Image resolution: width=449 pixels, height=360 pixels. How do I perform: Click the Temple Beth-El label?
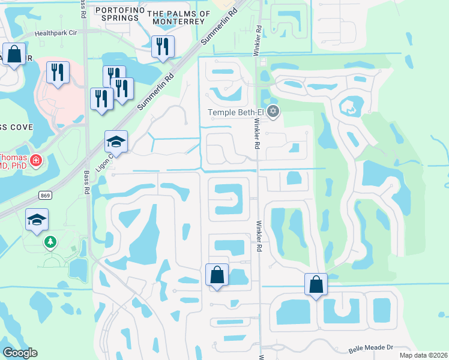pyautogui.click(x=236, y=112)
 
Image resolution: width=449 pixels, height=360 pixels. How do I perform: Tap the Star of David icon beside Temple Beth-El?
pyautogui.click(x=274, y=111)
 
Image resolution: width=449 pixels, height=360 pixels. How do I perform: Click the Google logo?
pyautogui.click(x=20, y=353)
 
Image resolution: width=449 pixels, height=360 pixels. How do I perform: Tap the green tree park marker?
pyautogui.click(x=50, y=242)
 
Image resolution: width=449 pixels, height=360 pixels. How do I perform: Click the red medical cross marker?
pyautogui.click(x=36, y=160)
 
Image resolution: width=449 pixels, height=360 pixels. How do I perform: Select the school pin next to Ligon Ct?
pyautogui.click(x=116, y=142)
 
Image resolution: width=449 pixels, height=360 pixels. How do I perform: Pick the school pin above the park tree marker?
pyautogui.click(x=37, y=221)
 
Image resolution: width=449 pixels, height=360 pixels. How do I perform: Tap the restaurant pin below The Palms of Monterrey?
pyautogui.click(x=163, y=47)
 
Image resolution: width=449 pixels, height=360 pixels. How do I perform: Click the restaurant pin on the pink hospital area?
pyautogui.click(x=58, y=73)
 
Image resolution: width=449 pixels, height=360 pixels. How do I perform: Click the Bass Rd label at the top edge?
pyautogui.click(x=82, y=9)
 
